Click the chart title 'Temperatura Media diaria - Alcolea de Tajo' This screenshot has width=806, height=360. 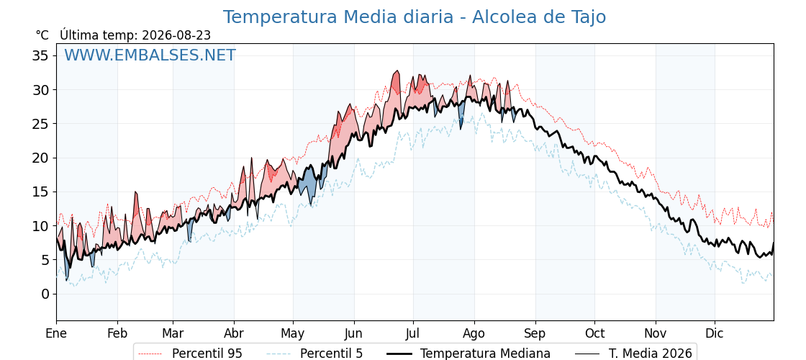[415, 17]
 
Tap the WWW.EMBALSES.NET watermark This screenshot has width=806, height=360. [150, 55]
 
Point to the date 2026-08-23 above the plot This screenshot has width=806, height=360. [176, 35]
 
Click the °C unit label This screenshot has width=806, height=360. [42, 35]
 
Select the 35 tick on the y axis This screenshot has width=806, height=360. [42, 55]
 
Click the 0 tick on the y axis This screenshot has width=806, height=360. [46, 294]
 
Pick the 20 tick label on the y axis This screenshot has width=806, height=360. [42, 158]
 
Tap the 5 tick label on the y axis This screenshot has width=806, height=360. [46, 260]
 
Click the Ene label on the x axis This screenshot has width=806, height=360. [57, 333]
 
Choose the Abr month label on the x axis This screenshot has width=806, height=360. [234, 333]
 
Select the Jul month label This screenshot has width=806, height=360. [413, 333]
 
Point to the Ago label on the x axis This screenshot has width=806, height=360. [474, 334]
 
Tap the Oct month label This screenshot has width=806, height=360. [594, 333]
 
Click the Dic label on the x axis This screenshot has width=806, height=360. [715, 333]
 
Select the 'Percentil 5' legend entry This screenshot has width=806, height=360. [315, 354]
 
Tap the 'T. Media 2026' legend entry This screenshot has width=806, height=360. [633, 354]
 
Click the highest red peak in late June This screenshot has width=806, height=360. [397, 71]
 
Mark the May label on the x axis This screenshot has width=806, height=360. [293, 334]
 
